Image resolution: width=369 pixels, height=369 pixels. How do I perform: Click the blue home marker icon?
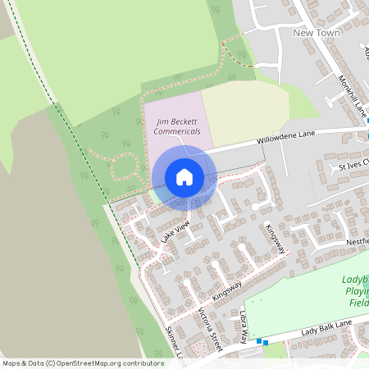pyautogui.click(x=184, y=176)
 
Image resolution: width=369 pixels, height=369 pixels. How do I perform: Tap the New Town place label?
pyautogui.click(x=316, y=33)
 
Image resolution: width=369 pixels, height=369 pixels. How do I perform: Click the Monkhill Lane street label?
pyautogui.click(x=351, y=94)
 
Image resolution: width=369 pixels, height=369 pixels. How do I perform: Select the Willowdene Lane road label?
pyautogui.click(x=285, y=134)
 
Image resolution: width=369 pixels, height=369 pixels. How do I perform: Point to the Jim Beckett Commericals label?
pyautogui.click(x=177, y=125)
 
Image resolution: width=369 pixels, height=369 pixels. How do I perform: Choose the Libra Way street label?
pyautogui.click(x=244, y=326)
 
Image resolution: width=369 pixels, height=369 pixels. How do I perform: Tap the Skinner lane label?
pyautogui.click(x=171, y=343)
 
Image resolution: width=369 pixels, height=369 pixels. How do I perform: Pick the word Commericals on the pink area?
pyautogui.click(x=177, y=131)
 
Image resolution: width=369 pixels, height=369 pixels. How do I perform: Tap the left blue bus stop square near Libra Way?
pyautogui.click(x=258, y=340)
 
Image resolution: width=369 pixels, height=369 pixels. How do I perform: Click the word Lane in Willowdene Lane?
pyautogui.click(x=306, y=132)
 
